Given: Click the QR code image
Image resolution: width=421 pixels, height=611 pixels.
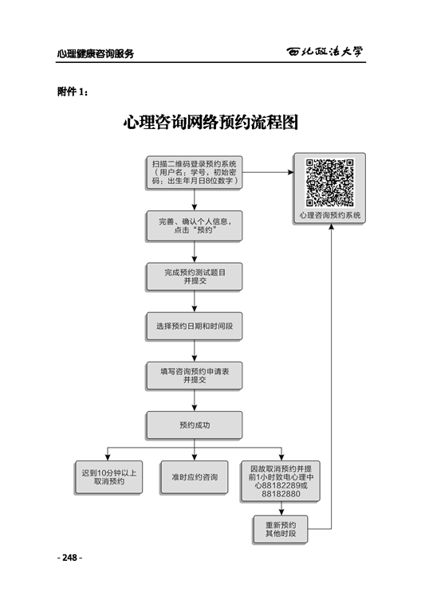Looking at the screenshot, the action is point(329,182).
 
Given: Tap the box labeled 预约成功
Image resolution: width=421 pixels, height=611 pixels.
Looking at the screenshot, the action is point(195,425).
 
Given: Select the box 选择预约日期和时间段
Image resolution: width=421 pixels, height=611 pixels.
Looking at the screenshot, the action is point(195,326).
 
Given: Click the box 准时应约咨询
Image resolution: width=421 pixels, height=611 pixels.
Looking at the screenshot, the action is point(195,477).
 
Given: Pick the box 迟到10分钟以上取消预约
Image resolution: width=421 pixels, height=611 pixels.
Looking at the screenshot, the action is point(108,477).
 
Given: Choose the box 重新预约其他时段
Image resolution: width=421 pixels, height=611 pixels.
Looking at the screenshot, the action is point(281,529).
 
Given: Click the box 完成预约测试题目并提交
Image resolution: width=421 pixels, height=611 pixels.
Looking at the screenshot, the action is point(195,276).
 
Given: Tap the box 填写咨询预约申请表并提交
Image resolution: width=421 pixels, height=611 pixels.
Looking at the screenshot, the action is point(195,376).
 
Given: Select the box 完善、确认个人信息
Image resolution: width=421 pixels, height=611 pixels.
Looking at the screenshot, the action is point(195,226).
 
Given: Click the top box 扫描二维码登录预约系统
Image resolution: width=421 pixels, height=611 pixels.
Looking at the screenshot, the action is point(195,173).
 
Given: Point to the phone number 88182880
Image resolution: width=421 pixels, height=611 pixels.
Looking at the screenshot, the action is point(281,494).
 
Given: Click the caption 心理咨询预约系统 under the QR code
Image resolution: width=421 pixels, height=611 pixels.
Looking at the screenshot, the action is point(329,215).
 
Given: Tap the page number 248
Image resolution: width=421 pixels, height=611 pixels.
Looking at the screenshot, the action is point(69,558).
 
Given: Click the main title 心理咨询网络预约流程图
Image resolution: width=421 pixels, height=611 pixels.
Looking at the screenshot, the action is point(210,123).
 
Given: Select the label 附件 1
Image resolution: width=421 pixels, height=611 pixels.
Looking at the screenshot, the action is point(73,92).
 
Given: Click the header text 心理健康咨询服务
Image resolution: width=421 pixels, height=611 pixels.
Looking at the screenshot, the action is point(96,53).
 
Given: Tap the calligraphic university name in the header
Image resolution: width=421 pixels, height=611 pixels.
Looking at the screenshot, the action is point(325,52).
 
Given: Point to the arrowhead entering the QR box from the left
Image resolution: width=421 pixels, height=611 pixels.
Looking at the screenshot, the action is point(291,172).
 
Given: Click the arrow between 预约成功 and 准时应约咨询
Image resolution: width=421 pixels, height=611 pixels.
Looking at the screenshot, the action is point(195,450).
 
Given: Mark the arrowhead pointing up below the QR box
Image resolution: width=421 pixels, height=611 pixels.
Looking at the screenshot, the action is point(331,226).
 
